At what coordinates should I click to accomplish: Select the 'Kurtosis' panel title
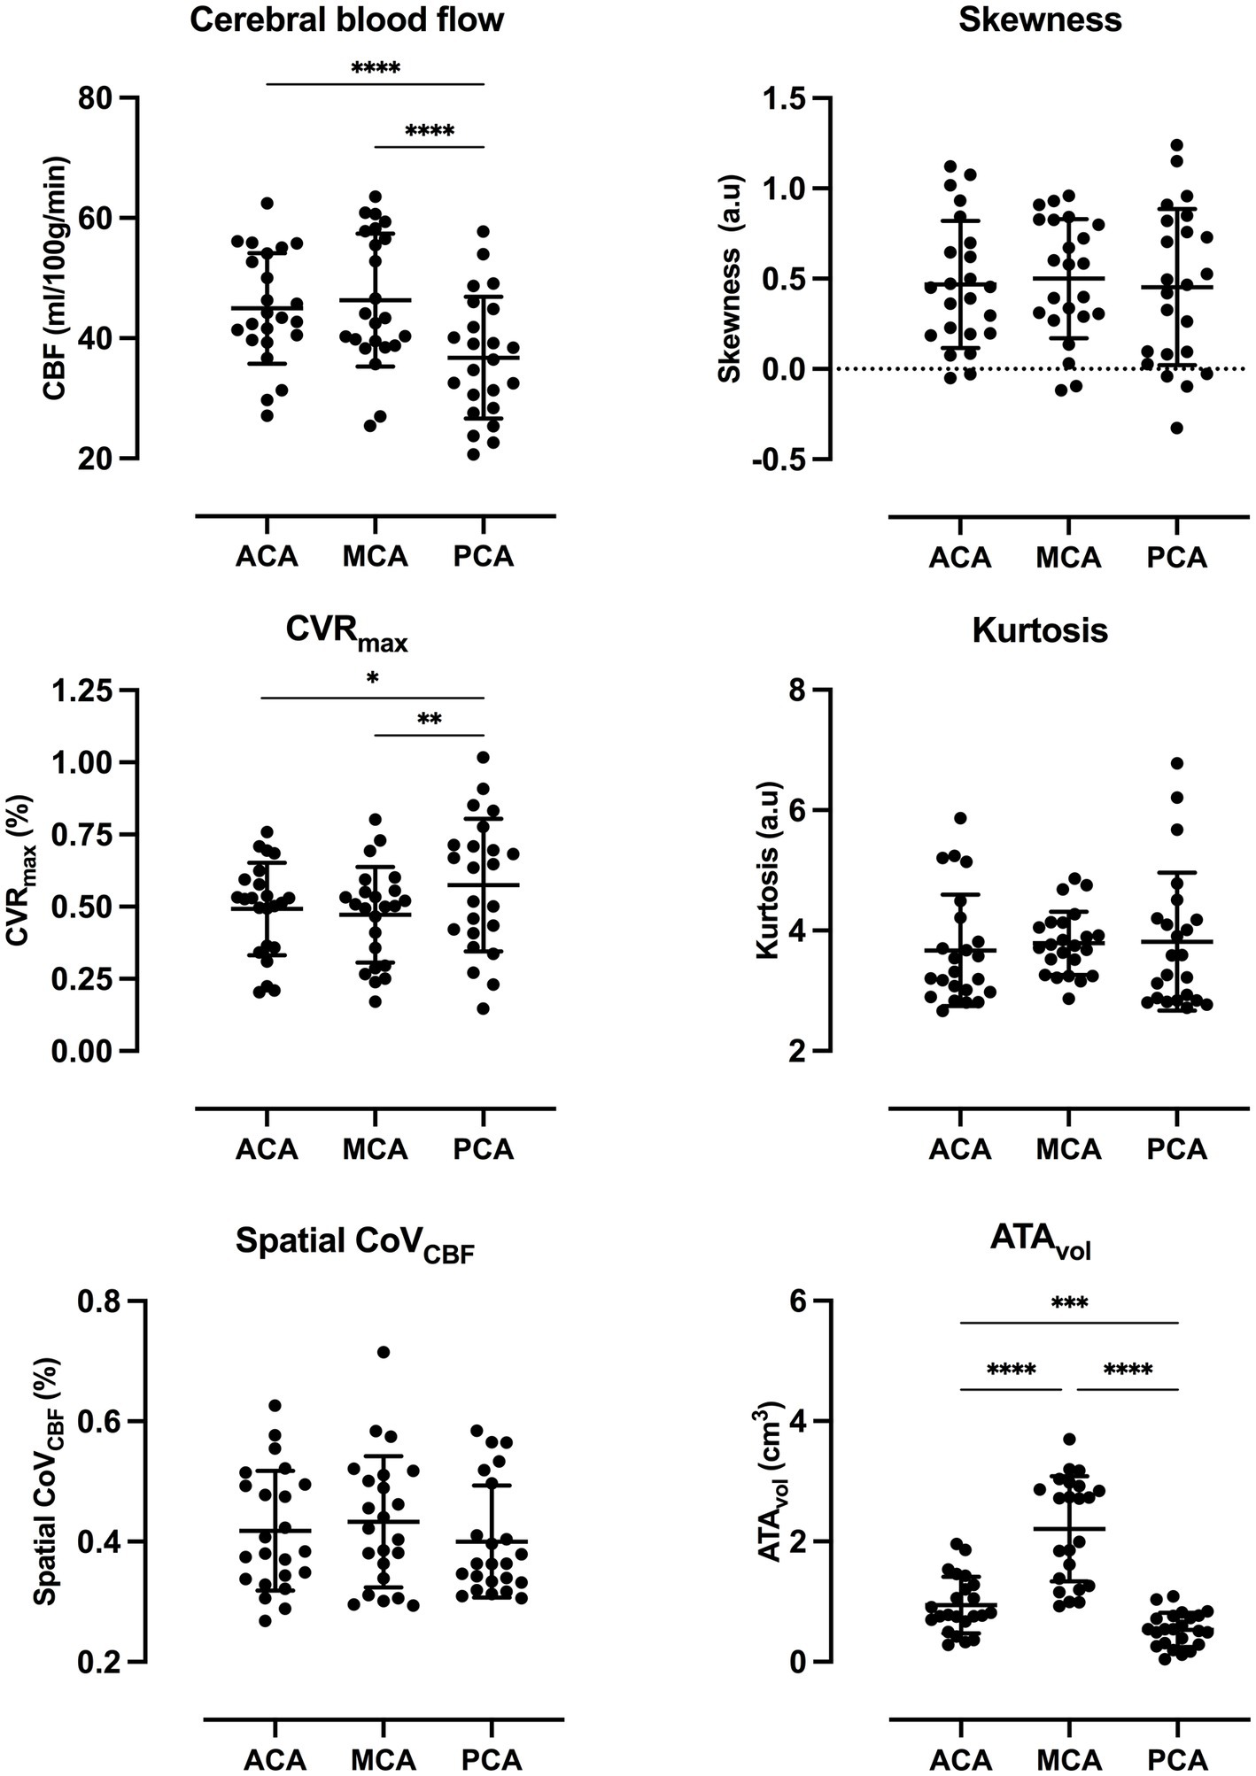pyautogui.click(x=1040, y=630)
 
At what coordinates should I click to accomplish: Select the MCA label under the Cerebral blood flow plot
pyautogui.click(x=376, y=558)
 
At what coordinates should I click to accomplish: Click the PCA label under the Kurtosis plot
pyautogui.click(x=1177, y=1149)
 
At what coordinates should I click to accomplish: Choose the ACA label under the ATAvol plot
pyautogui.click(x=961, y=1760)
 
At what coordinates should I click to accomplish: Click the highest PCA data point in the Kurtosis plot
pyautogui.click(x=1177, y=763)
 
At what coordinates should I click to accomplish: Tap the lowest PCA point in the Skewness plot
pyautogui.click(x=1177, y=428)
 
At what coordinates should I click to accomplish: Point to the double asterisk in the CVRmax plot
pyautogui.click(x=430, y=719)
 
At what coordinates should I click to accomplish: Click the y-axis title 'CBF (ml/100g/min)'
pyautogui.click(x=56, y=279)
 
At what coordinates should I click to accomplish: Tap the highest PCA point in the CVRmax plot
pyautogui.click(x=483, y=757)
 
